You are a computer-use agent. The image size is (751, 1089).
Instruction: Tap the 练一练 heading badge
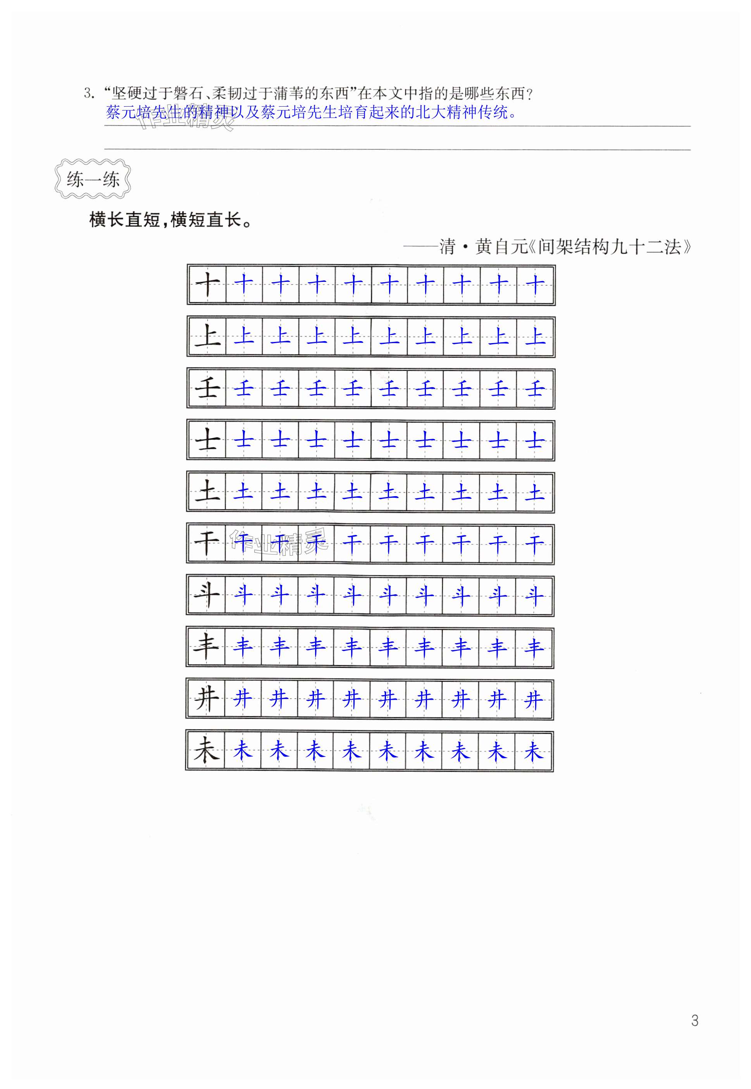(93, 179)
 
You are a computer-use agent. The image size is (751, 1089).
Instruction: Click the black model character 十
(207, 285)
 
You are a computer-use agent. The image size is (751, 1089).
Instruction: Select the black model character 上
(207, 337)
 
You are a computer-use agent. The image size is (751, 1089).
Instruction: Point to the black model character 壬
(207, 389)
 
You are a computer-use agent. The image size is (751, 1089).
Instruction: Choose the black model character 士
(207, 441)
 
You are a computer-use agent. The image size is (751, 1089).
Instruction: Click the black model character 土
(207, 493)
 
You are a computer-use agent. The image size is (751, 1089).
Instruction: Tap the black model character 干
(207, 544)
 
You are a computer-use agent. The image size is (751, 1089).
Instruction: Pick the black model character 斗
(207, 596)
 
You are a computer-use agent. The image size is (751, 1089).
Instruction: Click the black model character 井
(206, 700)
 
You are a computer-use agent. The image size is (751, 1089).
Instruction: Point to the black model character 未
(206, 751)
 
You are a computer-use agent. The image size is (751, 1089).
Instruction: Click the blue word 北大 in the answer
(431, 113)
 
